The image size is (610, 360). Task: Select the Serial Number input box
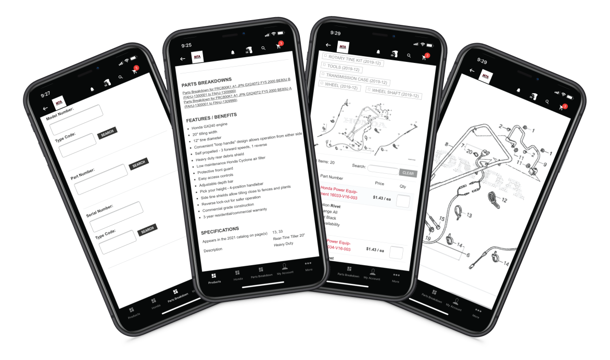pyautogui.click(x=116, y=216)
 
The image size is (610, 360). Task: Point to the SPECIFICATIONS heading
pyautogui.click(x=220, y=229)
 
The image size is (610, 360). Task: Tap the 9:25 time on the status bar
pyautogui.click(x=187, y=45)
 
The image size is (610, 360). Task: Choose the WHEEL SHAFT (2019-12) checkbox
pyautogui.click(x=368, y=89)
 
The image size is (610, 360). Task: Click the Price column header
pyautogui.click(x=379, y=183)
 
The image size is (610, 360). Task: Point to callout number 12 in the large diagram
pyautogui.click(x=504, y=200)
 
